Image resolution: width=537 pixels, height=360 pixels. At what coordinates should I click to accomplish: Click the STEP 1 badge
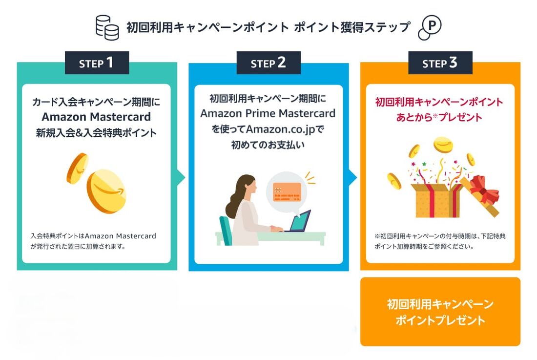tap(97, 63)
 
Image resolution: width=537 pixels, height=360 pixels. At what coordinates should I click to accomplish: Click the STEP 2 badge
tap(268, 63)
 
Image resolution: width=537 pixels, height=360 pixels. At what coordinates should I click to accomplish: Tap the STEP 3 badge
tap(440, 63)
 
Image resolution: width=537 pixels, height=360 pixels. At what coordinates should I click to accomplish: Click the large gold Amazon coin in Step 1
tap(106, 191)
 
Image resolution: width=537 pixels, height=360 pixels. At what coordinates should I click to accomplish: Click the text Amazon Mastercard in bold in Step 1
tap(96, 117)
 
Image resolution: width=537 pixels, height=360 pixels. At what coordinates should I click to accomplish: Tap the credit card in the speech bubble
tap(287, 191)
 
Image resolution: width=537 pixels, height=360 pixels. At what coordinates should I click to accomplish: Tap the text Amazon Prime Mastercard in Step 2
tap(268, 114)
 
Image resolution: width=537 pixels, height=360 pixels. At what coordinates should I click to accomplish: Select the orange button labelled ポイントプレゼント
tap(440, 312)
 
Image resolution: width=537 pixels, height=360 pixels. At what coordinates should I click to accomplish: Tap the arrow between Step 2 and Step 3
tap(353, 178)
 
